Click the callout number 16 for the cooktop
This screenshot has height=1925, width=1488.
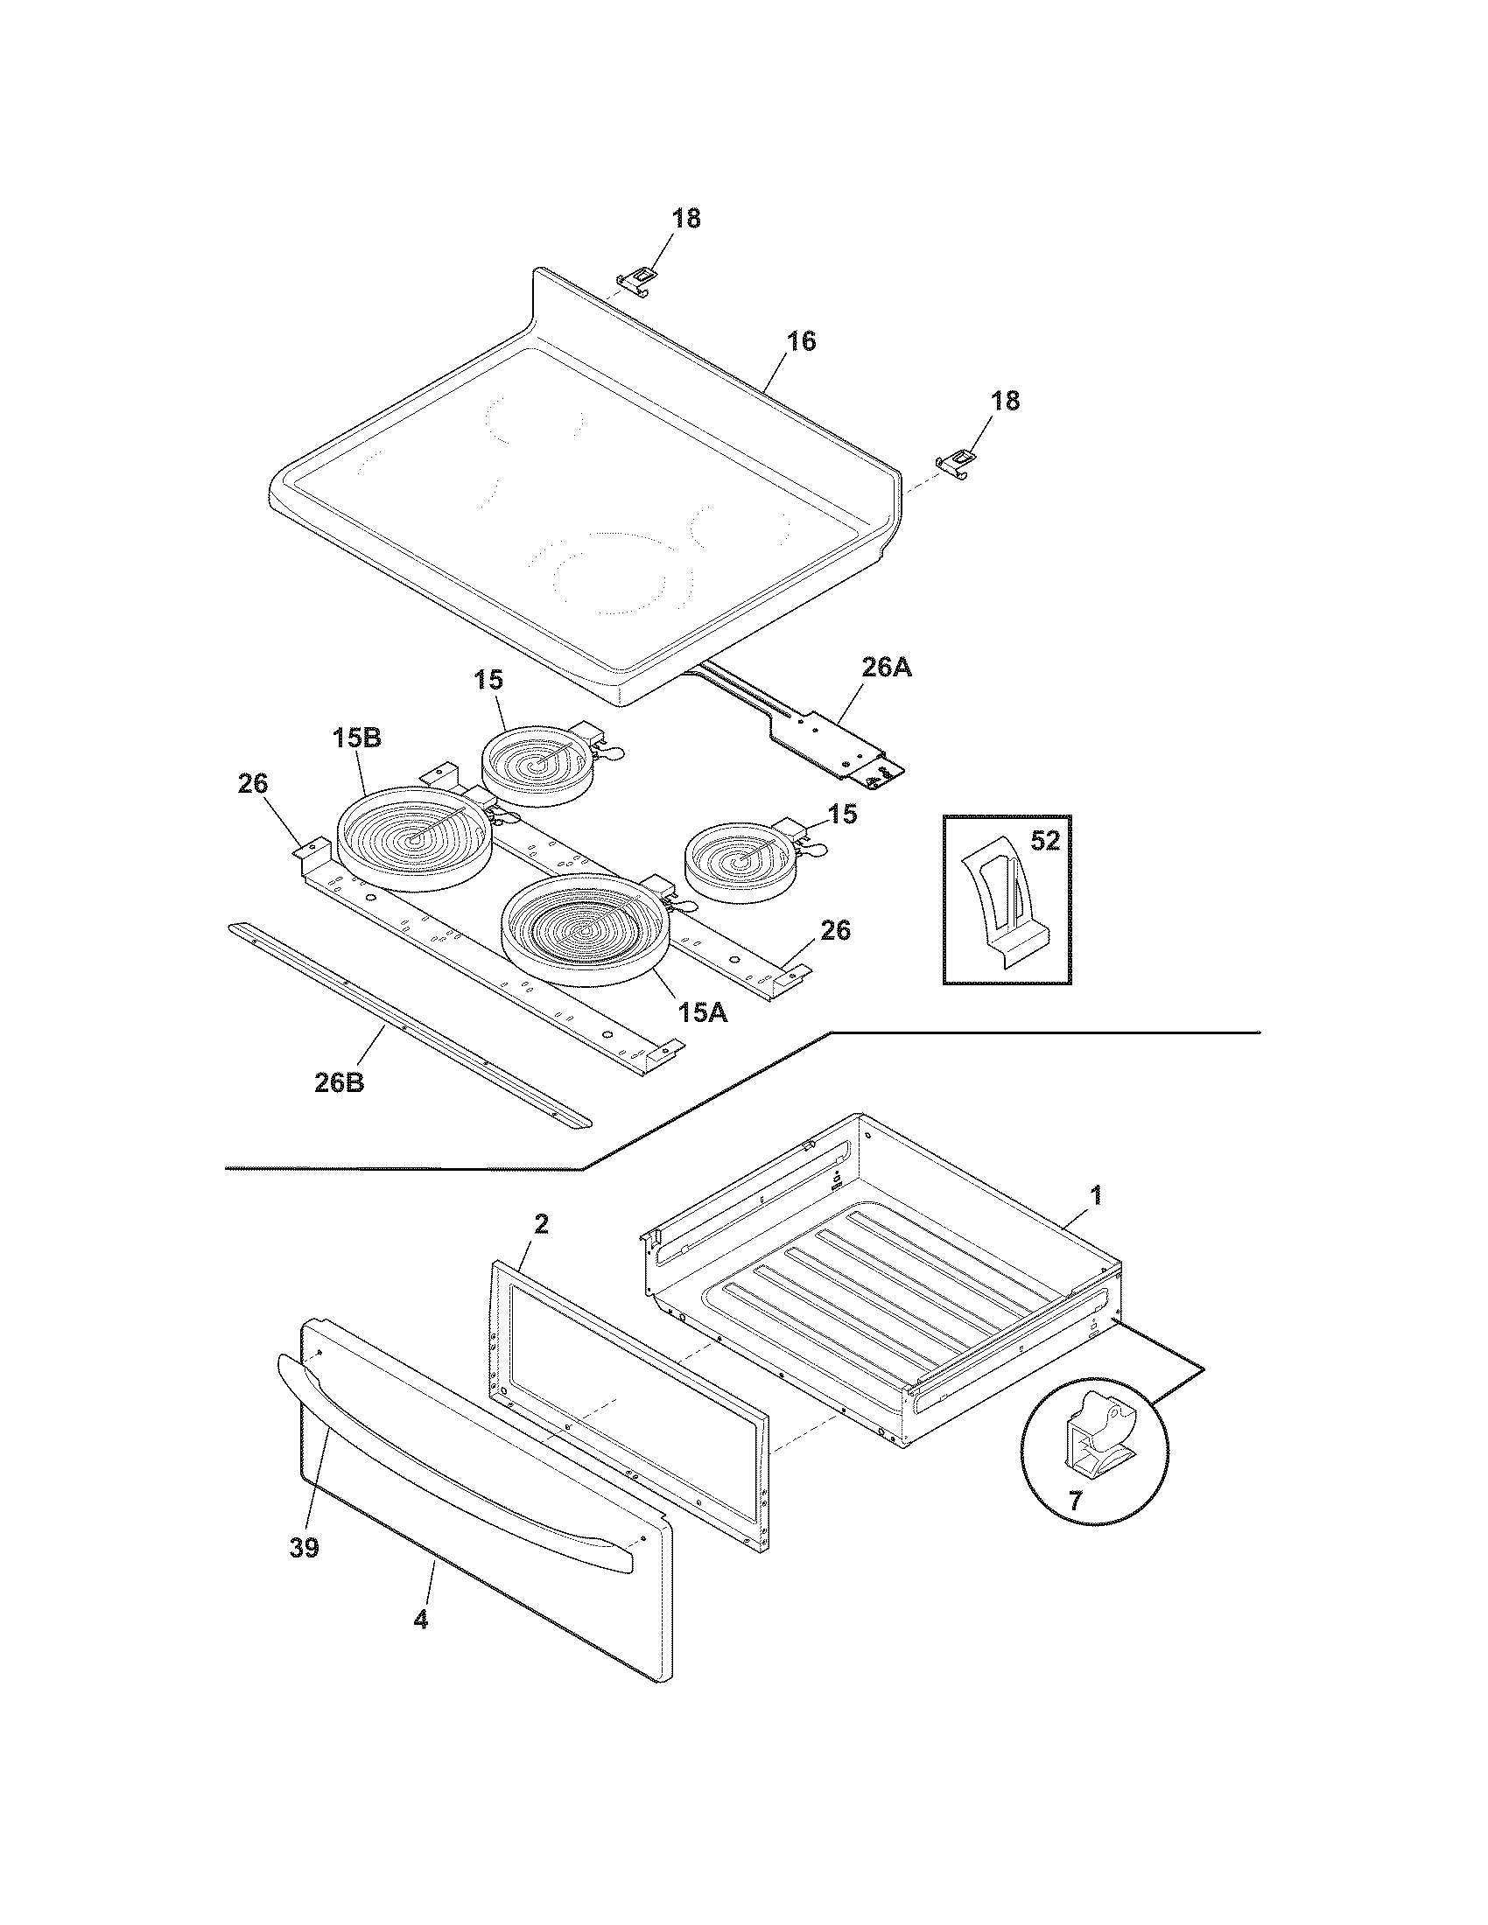pyautogui.click(x=800, y=341)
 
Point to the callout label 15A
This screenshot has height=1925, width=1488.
pyautogui.click(x=703, y=1012)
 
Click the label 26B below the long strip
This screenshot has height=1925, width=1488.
pyautogui.click(x=339, y=1082)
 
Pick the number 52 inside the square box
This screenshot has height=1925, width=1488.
pyautogui.click(x=1044, y=841)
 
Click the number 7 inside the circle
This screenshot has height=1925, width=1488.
pyautogui.click(x=1075, y=1501)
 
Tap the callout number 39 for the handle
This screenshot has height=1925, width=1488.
pyautogui.click(x=304, y=1548)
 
